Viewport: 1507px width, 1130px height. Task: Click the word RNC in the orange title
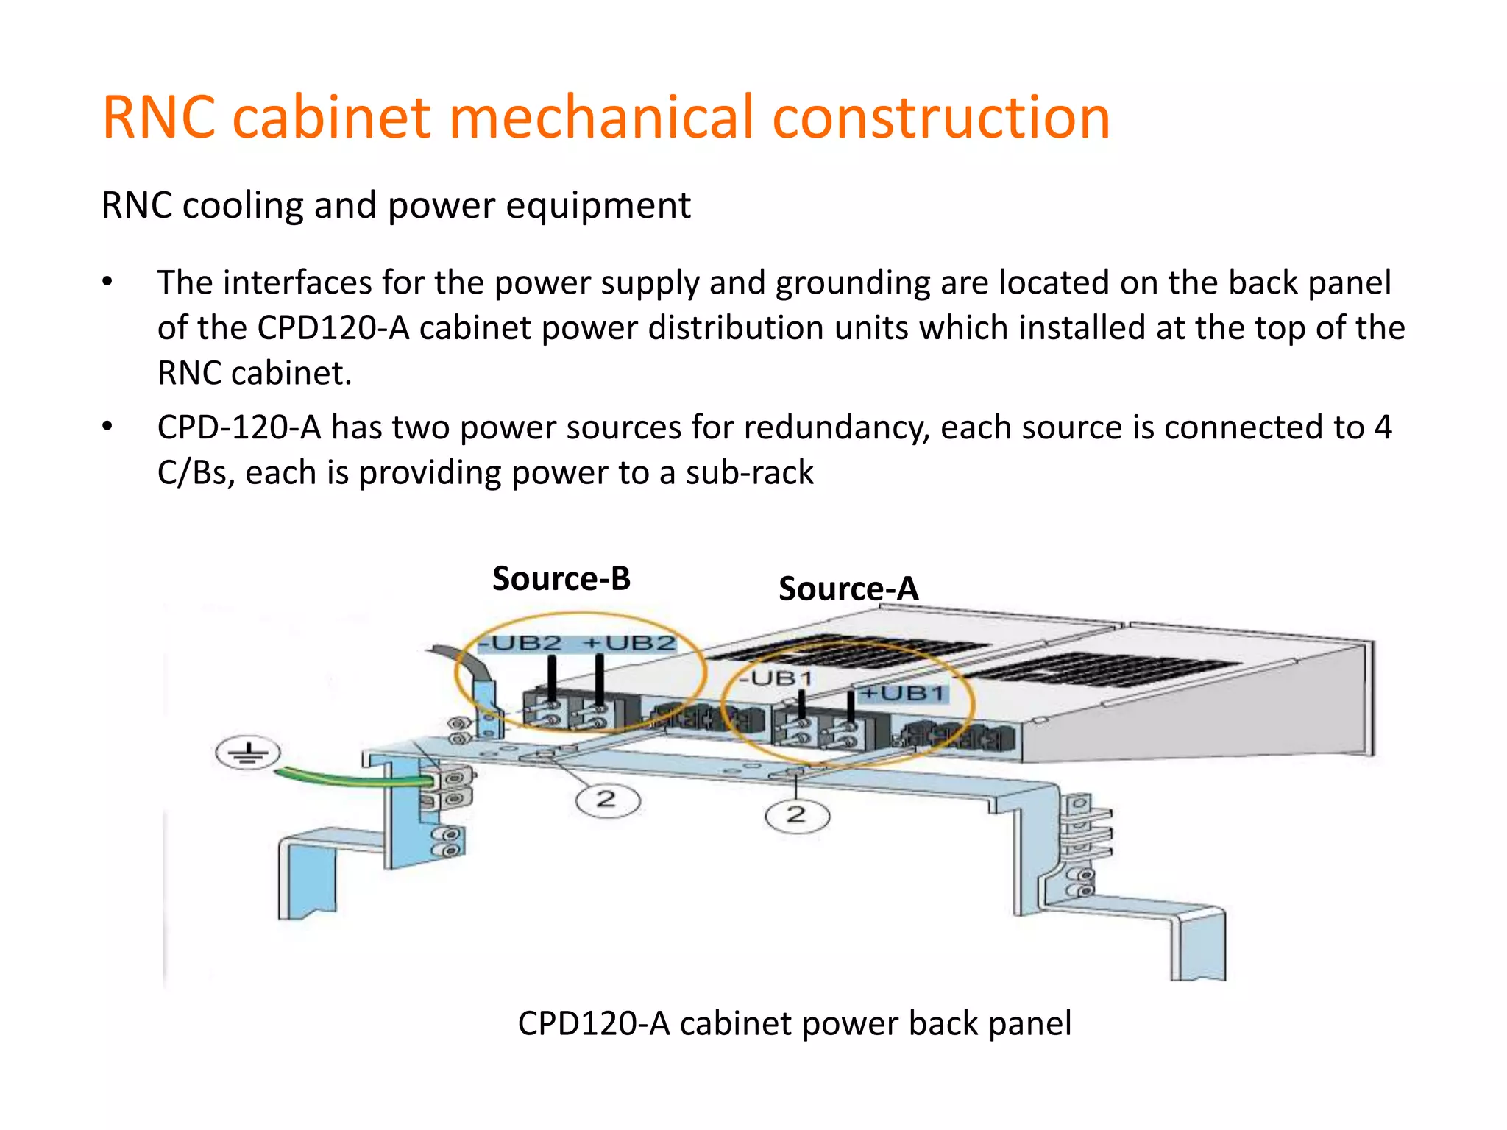[158, 118]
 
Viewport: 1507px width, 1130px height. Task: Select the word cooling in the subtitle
[243, 205]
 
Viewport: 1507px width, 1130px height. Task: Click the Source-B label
[561, 579]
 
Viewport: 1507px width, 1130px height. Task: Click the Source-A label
[848, 589]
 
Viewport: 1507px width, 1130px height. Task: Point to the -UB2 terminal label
[520, 643]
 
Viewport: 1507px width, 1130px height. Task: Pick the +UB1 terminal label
[903, 693]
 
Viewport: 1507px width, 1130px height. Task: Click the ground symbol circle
[248, 753]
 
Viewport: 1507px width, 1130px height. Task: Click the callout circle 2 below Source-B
[607, 799]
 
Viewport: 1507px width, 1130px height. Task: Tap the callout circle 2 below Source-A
[797, 815]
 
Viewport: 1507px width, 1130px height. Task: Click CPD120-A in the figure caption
[593, 1023]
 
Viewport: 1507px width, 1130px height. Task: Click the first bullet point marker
[108, 282]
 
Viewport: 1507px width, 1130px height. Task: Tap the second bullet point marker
[108, 427]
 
